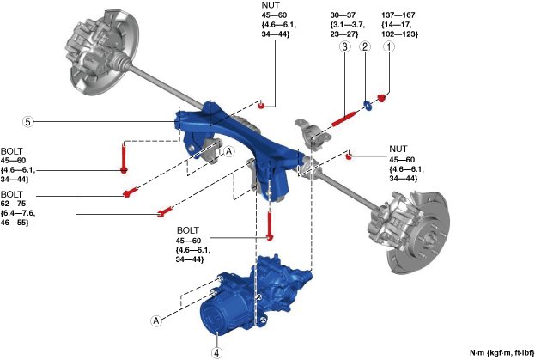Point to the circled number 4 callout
pos(218,351)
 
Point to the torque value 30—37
pos(344,15)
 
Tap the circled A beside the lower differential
pos(157,320)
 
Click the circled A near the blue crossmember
pos(228,150)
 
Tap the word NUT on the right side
pos(399,148)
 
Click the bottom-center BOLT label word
pos(188,230)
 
